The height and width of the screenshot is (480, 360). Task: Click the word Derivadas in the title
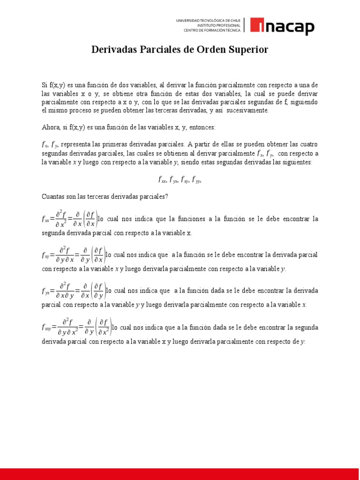click(x=114, y=50)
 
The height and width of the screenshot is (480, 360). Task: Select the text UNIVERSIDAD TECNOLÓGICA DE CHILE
click(x=208, y=21)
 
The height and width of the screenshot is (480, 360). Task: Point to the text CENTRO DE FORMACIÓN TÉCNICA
click(x=211, y=30)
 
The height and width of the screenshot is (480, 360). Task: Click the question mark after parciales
click(x=166, y=196)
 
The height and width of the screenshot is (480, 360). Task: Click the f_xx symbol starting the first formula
click(x=45, y=219)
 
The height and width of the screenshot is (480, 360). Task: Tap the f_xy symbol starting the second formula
click(x=45, y=255)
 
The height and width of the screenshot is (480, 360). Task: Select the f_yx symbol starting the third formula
click(x=45, y=291)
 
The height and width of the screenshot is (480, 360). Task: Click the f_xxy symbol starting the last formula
click(x=46, y=327)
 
